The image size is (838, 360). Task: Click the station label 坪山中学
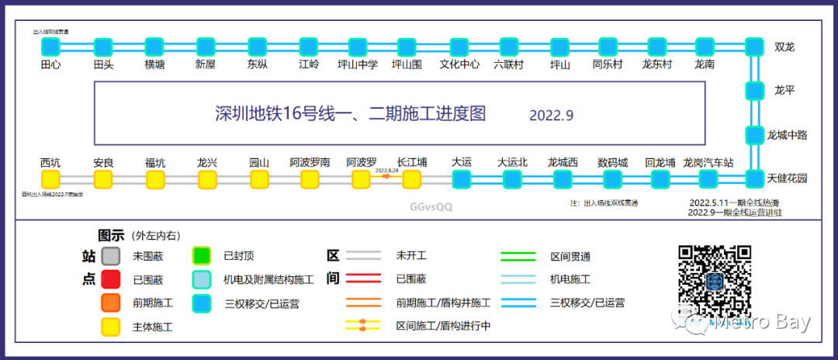pyautogui.click(x=358, y=65)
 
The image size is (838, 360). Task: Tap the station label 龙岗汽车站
pyautogui.click(x=708, y=163)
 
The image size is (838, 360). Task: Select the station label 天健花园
pyautogui.click(x=788, y=178)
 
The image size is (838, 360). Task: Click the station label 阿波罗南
pyautogui.click(x=310, y=163)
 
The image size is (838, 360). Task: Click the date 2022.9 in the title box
pyautogui.click(x=551, y=116)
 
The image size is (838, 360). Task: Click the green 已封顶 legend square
pyautogui.click(x=202, y=255)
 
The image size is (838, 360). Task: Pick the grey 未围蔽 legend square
pyautogui.click(x=111, y=255)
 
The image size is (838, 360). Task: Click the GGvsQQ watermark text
pyautogui.click(x=431, y=207)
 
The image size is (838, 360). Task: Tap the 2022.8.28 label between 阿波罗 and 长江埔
pyautogui.click(x=386, y=169)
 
